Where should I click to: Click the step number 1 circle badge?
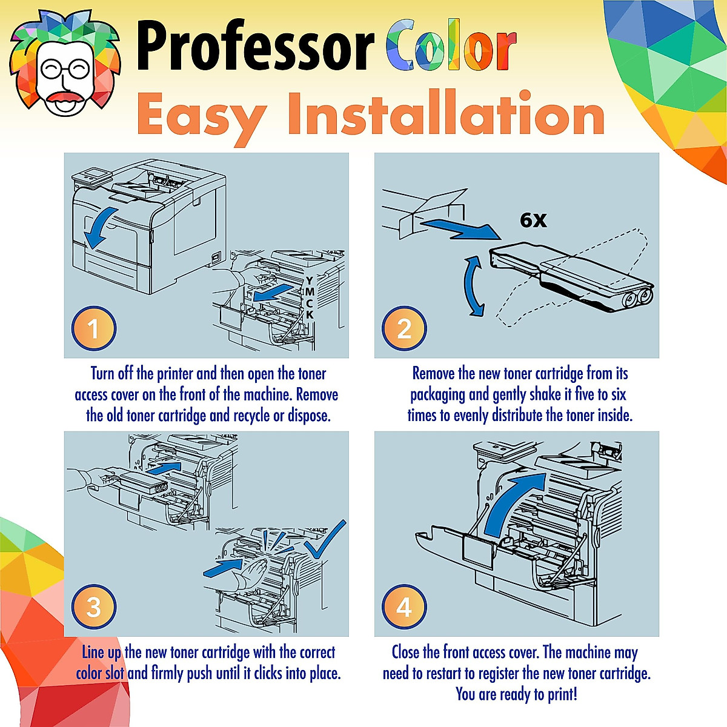point(93,328)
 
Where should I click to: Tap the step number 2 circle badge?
point(404,328)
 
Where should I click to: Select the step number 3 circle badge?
point(93,607)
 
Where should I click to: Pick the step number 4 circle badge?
point(404,607)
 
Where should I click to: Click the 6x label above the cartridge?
point(533,220)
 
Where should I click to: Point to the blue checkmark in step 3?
point(325,541)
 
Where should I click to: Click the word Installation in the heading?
point(445,115)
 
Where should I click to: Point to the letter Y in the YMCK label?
point(310,281)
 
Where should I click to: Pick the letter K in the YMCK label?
point(310,315)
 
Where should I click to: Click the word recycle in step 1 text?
point(259,416)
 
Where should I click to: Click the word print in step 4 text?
point(561,694)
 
